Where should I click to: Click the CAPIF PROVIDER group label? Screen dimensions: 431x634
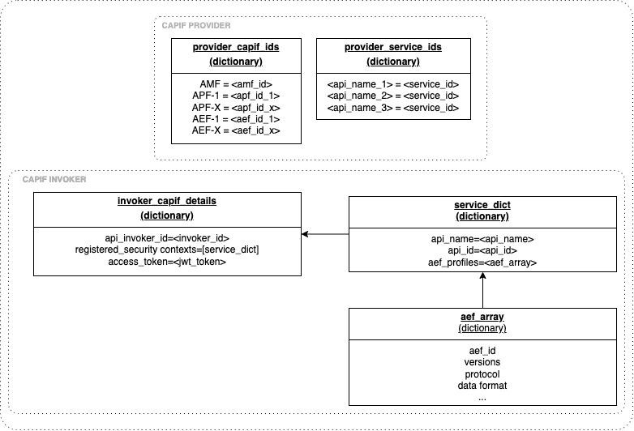[x=196, y=26]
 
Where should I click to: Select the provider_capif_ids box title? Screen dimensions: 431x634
[x=236, y=47]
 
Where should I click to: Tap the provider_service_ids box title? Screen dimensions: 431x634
[x=392, y=47]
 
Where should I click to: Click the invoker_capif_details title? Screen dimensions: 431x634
[x=167, y=201]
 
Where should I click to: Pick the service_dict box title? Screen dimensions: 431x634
[x=482, y=205]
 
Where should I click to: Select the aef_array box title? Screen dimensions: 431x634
[x=482, y=316]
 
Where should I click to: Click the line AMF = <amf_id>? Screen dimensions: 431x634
[x=236, y=83]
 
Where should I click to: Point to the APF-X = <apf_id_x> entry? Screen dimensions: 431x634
[x=236, y=107]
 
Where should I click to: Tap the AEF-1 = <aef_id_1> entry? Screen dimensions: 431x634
[x=236, y=118]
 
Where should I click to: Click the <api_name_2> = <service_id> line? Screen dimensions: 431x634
[x=392, y=96]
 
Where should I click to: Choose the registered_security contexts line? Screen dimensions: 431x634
[x=167, y=250]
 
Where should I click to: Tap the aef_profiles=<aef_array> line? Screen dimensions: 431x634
[x=482, y=262]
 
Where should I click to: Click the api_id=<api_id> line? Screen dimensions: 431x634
[x=482, y=251]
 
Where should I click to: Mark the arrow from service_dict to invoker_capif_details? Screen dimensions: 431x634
[x=325, y=234]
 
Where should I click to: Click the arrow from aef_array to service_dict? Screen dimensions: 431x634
[x=482, y=291]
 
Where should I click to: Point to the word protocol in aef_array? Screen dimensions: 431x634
[x=482, y=373]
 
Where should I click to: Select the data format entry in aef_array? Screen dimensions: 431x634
[x=482, y=386]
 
